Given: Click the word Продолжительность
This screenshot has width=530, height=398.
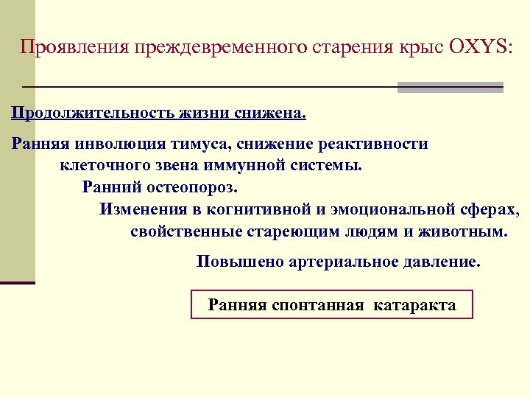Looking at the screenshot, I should [92, 114].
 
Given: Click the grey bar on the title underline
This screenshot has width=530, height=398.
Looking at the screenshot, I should [450, 87].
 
